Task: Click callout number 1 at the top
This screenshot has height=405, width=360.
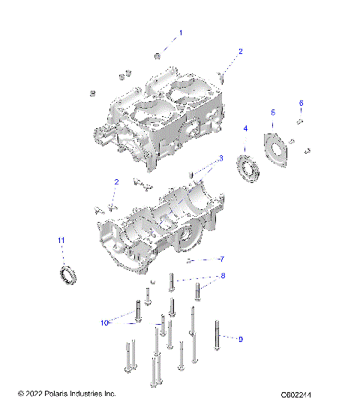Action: click(x=180, y=33)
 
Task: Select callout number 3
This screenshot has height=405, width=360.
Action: click(x=221, y=158)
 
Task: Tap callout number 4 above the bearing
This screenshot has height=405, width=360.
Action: click(x=244, y=128)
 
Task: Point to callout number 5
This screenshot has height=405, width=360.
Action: click(x=273, y=112)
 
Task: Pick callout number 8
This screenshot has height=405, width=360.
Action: click(x=221, y=277)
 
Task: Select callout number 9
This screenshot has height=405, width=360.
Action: click(x=240, y=340)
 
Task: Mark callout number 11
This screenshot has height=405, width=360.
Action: click(x=61, y=239)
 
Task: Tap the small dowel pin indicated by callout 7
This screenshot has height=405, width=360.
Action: click(x=192, y=261)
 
